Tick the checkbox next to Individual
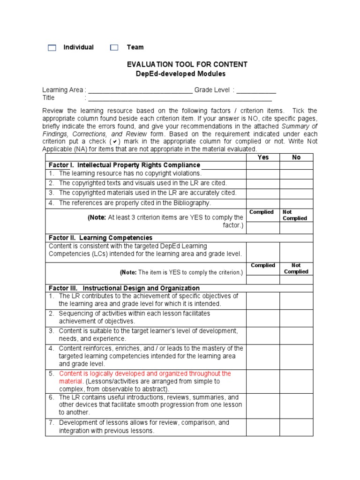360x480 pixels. click(x=52, y=48)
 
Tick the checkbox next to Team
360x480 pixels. click(x=114, y=48)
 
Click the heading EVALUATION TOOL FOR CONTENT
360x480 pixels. click(x=187, y=64)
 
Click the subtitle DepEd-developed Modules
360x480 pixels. click(x=180, y=74)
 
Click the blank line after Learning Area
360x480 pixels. click(x=140, y=90)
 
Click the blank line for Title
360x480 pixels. click(x=180, y=98)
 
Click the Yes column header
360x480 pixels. click(x=263, y=157)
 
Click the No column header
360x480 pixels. click(x=296, y=157)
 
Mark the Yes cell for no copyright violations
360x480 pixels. click(x=263, y=174)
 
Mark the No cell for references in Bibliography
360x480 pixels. click(x=296, y=203)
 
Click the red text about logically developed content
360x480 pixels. click(x=145, y=374)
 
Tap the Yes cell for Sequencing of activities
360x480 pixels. click(x=263, y=317)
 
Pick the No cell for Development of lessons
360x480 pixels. click(x=296, y=427)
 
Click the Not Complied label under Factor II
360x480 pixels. click(x=296, y=269)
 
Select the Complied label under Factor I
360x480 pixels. click(x=262, y=212)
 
